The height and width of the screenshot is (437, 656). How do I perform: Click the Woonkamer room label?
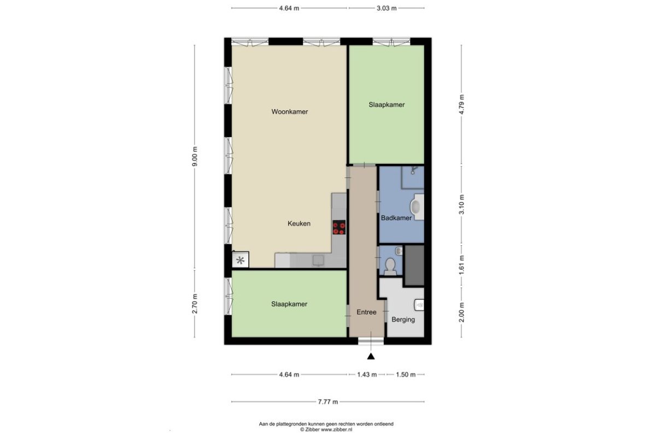[290, 111]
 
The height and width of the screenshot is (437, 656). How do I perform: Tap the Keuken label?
[299, 223]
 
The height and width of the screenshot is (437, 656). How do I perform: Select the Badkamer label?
[396, 218]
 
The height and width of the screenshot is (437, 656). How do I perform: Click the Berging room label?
[403, 320]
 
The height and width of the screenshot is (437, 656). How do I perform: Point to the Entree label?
[366, 312]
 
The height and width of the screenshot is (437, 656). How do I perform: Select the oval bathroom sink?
[416, 206]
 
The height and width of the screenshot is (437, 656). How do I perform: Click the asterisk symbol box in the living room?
[241, 260]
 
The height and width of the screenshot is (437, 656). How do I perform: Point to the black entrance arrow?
[371, 356]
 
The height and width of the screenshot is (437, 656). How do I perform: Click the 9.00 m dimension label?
[195, 156]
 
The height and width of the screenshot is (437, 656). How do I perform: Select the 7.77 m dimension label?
[328, 402]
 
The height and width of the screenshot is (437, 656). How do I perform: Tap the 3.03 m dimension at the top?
[386, 8]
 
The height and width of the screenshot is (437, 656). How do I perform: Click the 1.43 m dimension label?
[367, 375]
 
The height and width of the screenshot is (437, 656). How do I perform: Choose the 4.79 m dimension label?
[462, 104]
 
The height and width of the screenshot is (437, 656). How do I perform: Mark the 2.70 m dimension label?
[195, 304]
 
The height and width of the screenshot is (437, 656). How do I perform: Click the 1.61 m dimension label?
[462, 265]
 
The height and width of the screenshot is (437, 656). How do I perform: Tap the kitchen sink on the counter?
[318, 260]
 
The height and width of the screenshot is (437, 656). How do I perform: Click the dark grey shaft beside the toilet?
[414, 265]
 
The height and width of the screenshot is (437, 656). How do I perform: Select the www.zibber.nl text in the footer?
[337, 430]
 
